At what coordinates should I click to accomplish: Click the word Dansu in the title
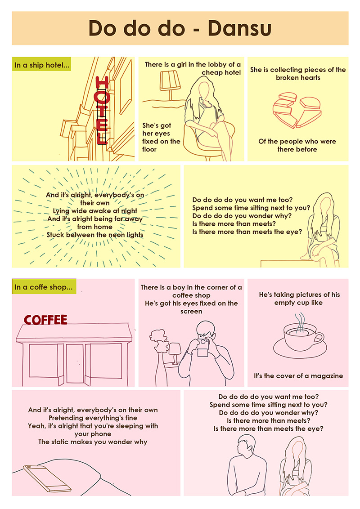coord(239,28)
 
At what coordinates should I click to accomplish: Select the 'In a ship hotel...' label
coord(41,65)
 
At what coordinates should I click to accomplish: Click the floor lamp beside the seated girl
coord(170,85)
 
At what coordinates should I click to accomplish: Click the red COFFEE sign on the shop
coord(45,320)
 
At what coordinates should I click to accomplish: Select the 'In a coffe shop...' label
coord(44,287)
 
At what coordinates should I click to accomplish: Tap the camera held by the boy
coord(202,346)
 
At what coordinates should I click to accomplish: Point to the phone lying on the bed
coord(47,478)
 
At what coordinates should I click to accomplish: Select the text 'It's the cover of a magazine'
coord(298,376)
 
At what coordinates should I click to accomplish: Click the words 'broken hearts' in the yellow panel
coord(298,78)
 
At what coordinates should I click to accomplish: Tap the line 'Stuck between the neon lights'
coord(95,235)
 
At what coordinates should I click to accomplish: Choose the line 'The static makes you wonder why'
coord(93,442)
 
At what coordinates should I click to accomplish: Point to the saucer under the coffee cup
coord(300,348)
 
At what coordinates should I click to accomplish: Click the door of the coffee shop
coord(74,364)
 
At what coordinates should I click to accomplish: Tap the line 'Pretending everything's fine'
coord(93,418)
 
